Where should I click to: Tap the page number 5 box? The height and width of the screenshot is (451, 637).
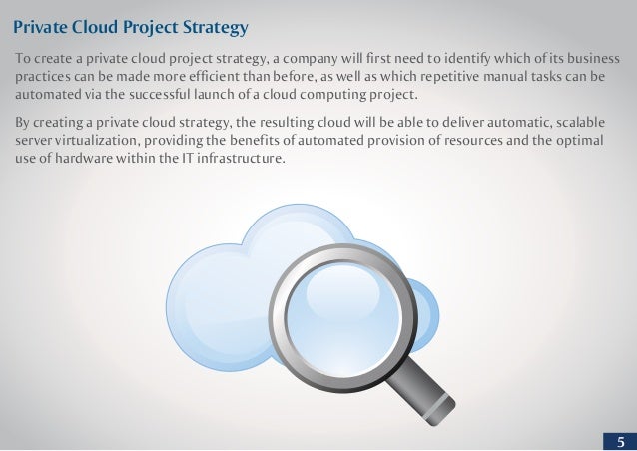click(x=621, y=441)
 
